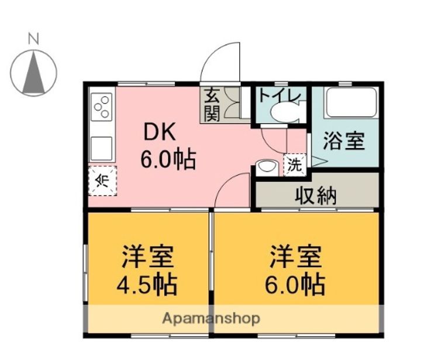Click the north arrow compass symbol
pyautogui.click(x=33, y=73)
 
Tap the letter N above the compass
pyautogui.click(x=33, y=39)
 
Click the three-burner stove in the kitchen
pyautogui.click(x=102, y=107)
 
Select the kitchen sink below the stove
pyautogui.click(x=101, y=149)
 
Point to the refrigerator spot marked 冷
pyautogui.click(x=102, y=181)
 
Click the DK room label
pyautogui.click(x=160, y=132)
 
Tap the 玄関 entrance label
pyautogui.click(x=212, y=105)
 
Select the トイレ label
pyautogui.click(x=279, y=96)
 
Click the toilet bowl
pyautogui.click(x=285, y=112)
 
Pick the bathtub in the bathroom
pyautogui.click(x=351, y=102)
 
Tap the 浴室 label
pyautogui.click(x=344, y=140)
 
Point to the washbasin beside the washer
pyautogui.click(x=267, y=168)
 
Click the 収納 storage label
pyautogui.click(x=316, y=196)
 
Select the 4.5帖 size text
pyautogui.click(x=147, y=284)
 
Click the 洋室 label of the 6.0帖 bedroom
pyautogui.click(x=296, y=256)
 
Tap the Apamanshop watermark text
pyautogui.click(x=211, y=319)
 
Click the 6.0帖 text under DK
pyautogui.click(x=168, y=159)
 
